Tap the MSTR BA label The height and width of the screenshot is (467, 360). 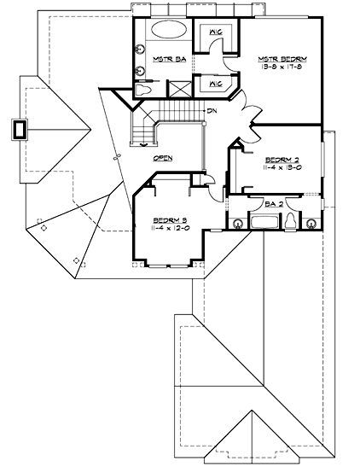[x=164, y=60]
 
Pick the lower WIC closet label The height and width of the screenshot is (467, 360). [x=215, y=84]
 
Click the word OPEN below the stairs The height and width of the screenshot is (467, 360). [x=165, y=159]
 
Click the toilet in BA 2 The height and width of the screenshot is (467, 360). [x=292, y=222]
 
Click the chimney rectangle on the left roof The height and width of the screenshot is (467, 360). [x=19, y=130]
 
